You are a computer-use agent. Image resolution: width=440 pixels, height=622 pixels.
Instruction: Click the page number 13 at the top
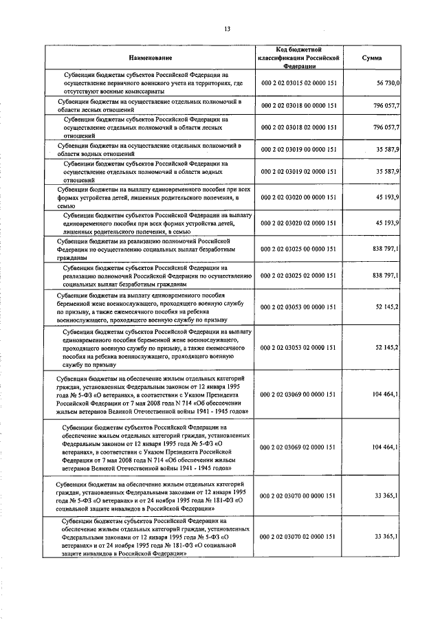click(226, 28)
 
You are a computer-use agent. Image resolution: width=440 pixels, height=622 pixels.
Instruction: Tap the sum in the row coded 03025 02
click(386, 276)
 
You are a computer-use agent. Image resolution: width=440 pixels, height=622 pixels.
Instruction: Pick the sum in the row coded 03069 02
click(386, 447)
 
